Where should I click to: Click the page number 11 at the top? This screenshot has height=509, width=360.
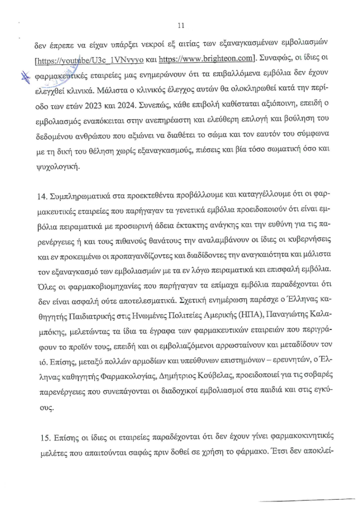click(x=180, y=26)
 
